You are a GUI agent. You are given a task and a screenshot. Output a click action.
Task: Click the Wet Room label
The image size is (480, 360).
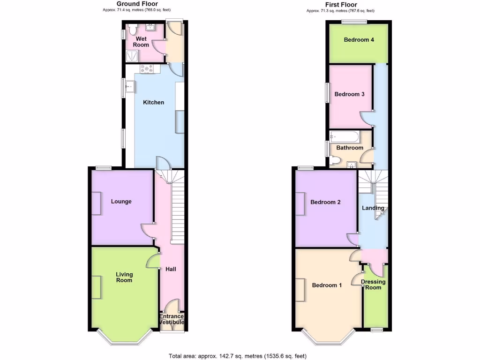(x=141, y=42)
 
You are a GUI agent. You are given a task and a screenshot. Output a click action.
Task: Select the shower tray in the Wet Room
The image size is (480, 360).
(x=132, y=56)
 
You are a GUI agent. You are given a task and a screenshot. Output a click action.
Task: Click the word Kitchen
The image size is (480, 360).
(x=153, y=102)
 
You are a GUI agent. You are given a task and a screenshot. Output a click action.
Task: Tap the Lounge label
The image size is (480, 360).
(x=121, y=202)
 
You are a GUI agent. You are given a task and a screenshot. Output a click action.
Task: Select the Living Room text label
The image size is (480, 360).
(x=125, y=277)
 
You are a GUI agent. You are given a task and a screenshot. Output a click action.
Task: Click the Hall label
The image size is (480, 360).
(x=170, y=269)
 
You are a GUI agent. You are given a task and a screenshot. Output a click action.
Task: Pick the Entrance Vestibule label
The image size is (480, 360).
(x=172, y=319)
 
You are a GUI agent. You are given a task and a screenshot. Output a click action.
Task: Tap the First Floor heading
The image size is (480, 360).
(x=341, y=5)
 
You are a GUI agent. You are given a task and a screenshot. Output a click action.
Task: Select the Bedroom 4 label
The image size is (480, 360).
(x=359, y=40)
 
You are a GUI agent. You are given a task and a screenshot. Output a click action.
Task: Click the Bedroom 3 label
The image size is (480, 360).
(x=349, y=94)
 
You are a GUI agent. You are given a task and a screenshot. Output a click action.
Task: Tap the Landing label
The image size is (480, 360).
(x=373, y=208)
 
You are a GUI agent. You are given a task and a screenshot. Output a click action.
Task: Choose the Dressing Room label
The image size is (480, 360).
(x=373, y=285)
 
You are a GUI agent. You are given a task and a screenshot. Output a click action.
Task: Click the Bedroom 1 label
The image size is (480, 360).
(x=327, y=285)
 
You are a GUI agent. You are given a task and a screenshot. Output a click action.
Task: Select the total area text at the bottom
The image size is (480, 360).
(x=238, y=356)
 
